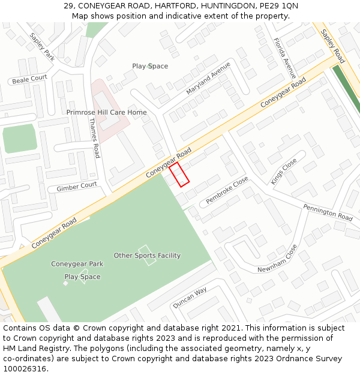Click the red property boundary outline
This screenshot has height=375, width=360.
coord(179,174)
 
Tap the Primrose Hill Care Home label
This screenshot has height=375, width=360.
coord(106,112)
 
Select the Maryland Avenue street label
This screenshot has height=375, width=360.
coord(208,78)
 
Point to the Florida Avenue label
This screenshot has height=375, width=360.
coord(284,59)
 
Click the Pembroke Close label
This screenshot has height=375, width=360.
coord(227,191)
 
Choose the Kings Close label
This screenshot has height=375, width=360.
coord(283,171)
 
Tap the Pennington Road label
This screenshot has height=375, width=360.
coord(328,212)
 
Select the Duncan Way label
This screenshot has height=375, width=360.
coord(190,298)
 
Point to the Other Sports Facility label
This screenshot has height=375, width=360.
coord(147,256)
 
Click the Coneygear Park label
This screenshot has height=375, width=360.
coord(77,264)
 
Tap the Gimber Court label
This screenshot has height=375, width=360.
coord(76,187)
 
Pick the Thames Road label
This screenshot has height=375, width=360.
coord(94,137)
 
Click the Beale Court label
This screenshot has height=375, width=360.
coord(29,79)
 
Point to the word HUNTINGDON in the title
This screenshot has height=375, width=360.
coord(209,6)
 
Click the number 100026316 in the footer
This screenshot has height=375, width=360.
coord(25,368)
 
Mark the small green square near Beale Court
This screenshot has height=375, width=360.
coord(20,139)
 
